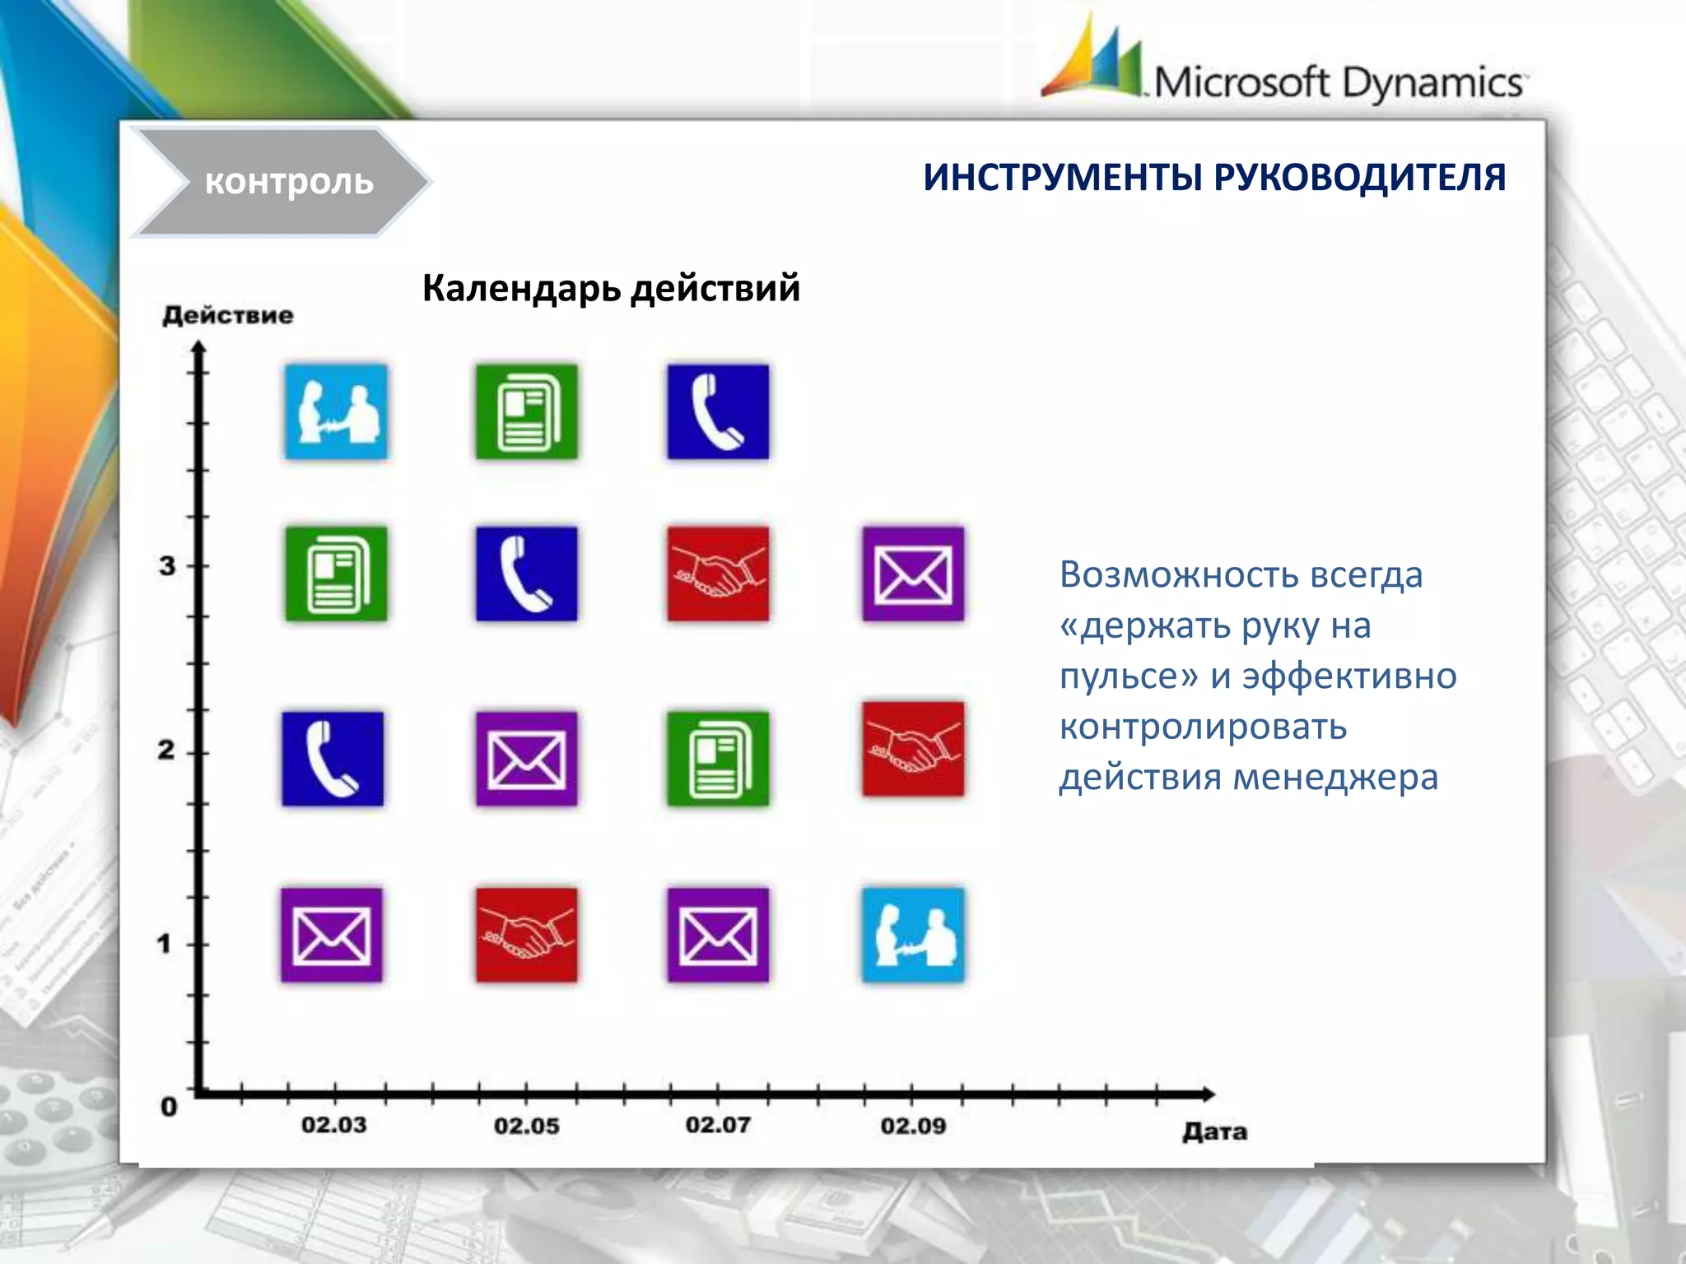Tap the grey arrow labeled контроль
(x=284, y=182)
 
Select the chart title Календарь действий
(x=611, y=288)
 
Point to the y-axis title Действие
(x=228, y=315)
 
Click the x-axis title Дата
(x=1214, y=1132)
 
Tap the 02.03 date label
(x=333, y=1125)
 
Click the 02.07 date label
(x=718, y=1125)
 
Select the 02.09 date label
(x=913, y=1126)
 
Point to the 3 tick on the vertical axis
(x=168, y=566)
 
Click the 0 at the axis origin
(x=169, y=1107)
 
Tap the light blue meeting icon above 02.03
(x=336, y=411)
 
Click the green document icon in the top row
(x=527, y=411)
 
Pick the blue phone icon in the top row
(x=718, y=411)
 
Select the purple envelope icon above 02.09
(x=913, y=574)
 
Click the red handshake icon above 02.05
(x=527, y=935)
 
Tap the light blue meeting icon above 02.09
(x=913, y=935)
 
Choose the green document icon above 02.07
(x=718, y=759)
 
